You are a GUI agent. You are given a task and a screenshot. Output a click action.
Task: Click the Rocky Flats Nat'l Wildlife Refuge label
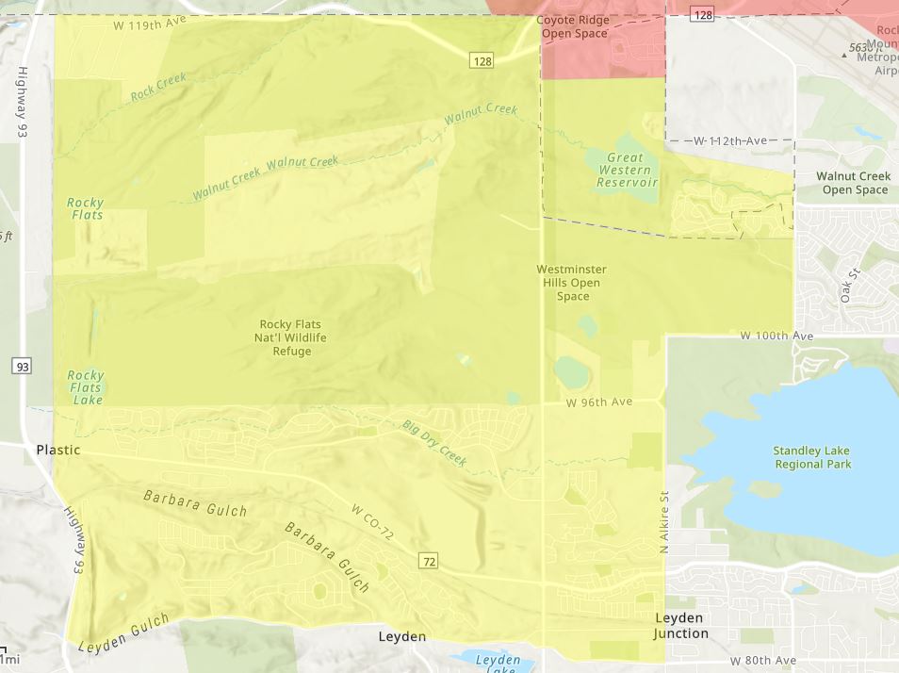(x=293, y=337)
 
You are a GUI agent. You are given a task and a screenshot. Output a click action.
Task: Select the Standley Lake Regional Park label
(x=812, y=457)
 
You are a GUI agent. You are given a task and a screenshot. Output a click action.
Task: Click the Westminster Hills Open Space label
(x=572, y=283)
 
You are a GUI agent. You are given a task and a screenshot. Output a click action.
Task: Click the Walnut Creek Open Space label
(x=853, y=183)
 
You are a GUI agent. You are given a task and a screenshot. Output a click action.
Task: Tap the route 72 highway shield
(x=430, y=562)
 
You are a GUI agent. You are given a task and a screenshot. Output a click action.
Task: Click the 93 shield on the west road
(x=22, y=366)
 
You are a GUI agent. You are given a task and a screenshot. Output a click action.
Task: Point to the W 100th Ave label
(x=776, y=336)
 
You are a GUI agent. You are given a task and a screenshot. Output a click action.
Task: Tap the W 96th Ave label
(x=599, y=402)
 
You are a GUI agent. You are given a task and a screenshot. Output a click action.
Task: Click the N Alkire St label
(x=663, y=522)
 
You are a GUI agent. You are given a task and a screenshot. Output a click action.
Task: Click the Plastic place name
(x=58, y=450)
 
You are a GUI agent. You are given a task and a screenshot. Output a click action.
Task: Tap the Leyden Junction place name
(x=681, y=626)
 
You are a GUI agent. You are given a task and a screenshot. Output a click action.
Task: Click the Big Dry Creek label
(x=434, y=444)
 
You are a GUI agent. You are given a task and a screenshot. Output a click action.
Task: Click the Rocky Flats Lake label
(x=86, y=387)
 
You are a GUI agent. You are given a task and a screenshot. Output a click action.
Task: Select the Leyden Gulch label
(x=123, y=634)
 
